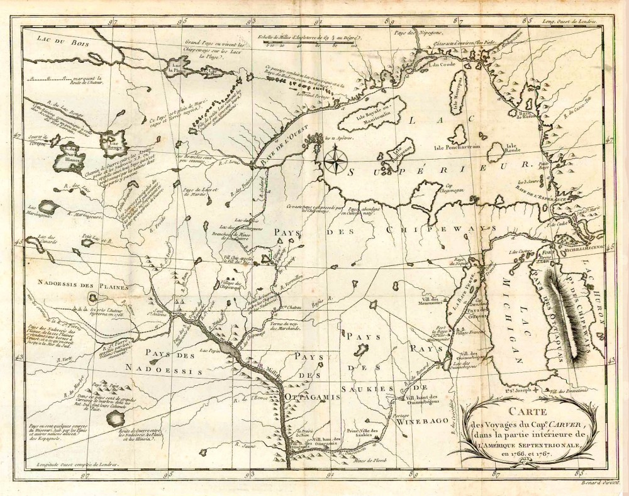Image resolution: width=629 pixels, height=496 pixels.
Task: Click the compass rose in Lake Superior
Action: tap(334, 159)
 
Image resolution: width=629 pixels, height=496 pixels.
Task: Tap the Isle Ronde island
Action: tap(496, 150)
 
